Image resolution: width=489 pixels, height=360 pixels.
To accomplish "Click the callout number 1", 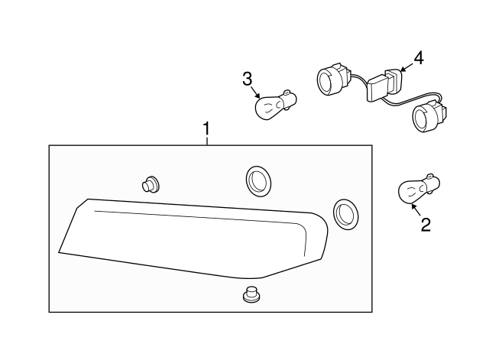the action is pyautogui.click(x=206, y=129).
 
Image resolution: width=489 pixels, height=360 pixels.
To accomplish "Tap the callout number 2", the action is pyautogui.click(x=426, y=225).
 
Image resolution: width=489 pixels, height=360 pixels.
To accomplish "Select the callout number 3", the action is pyautogui.click(x=247, y=79).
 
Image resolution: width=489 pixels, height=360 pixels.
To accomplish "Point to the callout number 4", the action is pyautogui.click(x=419, y=58).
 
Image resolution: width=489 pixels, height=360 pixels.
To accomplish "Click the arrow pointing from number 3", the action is pyautogui.click(x=255, y=92).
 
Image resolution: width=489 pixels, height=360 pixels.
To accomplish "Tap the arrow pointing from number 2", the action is pyautogui.click(x=416, y=209).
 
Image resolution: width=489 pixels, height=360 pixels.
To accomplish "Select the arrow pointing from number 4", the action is pyautogui.click(x=406, y=67).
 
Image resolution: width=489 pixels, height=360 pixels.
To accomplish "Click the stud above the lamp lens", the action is pyautogui.click(x=151, y=185).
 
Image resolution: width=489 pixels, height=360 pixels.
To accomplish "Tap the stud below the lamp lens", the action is pyautogui.click(x=251, y=294).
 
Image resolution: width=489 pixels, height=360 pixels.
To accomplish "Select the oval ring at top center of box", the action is pyautogui.click(x=258, y=181).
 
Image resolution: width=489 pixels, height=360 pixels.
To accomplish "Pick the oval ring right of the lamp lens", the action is pyautogui.click(x=345, y=215).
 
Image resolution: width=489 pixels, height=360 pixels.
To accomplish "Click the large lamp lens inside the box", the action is pyautogui.click(x=193, y=238).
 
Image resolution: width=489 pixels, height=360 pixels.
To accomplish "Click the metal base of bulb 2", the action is pyautogui.click(x=431, y=183).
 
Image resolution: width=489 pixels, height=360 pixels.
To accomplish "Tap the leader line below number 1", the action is pyautogui.click(x=206, y=141).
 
